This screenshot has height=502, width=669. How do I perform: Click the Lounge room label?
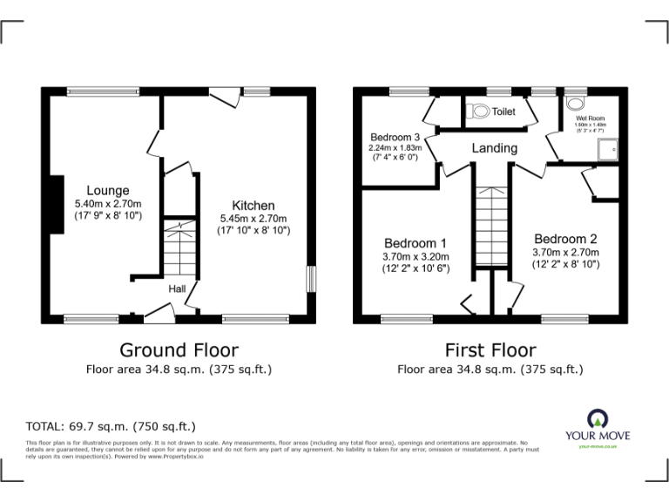(x=108, y=191)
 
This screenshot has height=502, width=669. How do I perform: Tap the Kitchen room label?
(x=253, y=206)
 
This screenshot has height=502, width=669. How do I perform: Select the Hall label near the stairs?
(x=177, y=289)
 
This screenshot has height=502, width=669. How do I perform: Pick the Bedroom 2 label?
(x=565, y=239)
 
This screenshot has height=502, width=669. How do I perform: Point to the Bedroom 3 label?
(x=395, y=137)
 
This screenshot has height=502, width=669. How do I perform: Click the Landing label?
(x=494, y=148)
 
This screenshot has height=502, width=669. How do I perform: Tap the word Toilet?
(x=503, y=112)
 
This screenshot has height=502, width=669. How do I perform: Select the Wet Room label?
(x=590, y=119)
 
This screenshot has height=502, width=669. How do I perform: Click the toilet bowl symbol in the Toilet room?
(x=477, y=112)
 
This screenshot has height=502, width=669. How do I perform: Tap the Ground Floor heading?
(x=179, y=350)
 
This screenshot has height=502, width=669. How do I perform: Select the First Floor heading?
(x=490, y=350)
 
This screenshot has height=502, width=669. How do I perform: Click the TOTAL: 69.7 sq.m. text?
(x=111, y=426)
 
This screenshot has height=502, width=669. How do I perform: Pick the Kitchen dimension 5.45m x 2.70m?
(x=253, y=218)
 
